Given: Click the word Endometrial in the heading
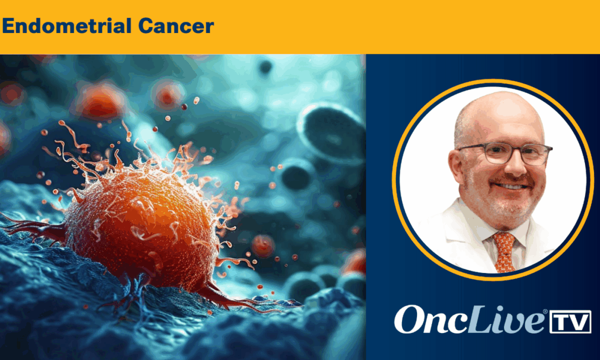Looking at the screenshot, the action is point(67,26).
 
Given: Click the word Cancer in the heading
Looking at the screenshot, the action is point(176,26).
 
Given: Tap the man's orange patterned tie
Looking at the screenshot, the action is point(505,252).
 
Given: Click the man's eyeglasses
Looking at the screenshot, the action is point(505,153).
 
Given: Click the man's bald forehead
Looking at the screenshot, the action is point(497,119).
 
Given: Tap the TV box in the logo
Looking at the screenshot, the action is point(570,322).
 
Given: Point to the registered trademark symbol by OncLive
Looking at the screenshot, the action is point(545,312).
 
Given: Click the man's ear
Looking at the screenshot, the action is point(457,169).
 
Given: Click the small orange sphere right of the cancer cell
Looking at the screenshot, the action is point(263,245).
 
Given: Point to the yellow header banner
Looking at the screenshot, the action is point(300,27).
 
